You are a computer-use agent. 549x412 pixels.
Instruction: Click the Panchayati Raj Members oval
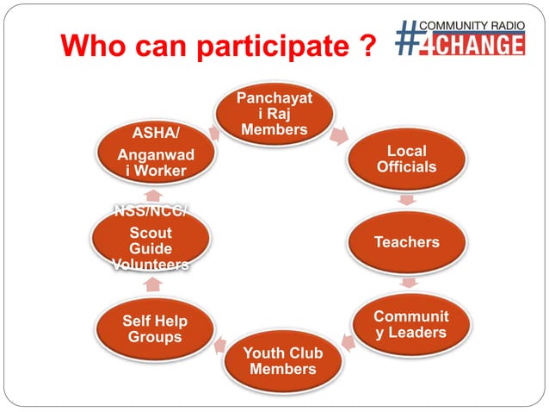(274, 114)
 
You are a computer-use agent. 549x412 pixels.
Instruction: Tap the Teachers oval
(406, 242)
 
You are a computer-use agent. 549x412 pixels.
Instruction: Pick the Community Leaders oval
(410, 324)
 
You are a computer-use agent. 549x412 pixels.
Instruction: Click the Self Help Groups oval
(155, 328)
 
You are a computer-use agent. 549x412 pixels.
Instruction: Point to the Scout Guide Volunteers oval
(151, 242)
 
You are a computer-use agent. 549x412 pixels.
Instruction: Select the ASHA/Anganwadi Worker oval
(155, 154)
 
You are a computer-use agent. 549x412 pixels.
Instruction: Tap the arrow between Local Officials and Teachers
(409, 200)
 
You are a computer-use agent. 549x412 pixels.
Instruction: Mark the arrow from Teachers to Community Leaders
(410, 282)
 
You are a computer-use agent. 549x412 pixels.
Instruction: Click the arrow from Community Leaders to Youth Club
(348, 343)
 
